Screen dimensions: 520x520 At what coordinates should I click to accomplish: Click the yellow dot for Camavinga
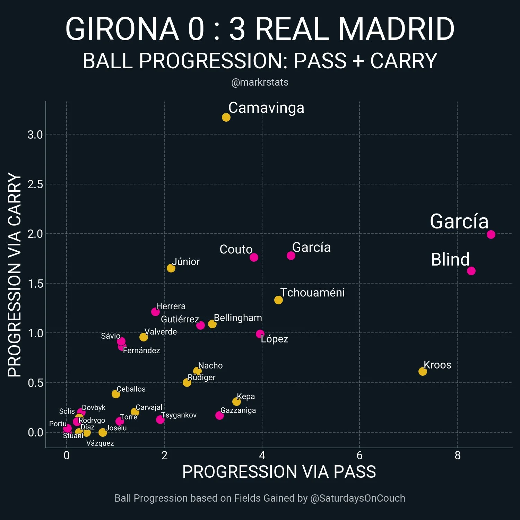226,118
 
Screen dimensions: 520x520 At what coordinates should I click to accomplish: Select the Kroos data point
422,372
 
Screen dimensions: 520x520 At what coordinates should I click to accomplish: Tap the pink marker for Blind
471,271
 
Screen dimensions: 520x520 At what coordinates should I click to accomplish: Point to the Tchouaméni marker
278,300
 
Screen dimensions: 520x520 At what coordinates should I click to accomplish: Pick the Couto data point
254,257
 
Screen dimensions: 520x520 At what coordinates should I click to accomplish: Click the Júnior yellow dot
171,268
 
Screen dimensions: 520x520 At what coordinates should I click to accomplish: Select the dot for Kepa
236,401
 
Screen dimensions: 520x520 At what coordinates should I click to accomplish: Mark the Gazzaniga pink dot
219,415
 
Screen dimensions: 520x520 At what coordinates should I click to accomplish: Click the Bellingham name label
238,318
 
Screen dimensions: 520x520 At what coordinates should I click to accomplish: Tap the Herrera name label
171,306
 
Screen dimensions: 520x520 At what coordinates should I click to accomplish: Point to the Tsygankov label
179,415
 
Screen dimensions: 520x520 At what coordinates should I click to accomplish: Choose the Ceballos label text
131,389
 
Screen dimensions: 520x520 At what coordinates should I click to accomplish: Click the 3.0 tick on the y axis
35,135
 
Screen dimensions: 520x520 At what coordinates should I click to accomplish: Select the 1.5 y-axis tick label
35,284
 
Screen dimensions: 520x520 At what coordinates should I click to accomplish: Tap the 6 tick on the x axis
359,455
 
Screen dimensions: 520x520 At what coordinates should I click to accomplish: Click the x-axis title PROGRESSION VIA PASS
279,472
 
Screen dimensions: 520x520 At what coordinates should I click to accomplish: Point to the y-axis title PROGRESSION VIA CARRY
15,275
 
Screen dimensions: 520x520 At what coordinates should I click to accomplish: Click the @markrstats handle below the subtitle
260,82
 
